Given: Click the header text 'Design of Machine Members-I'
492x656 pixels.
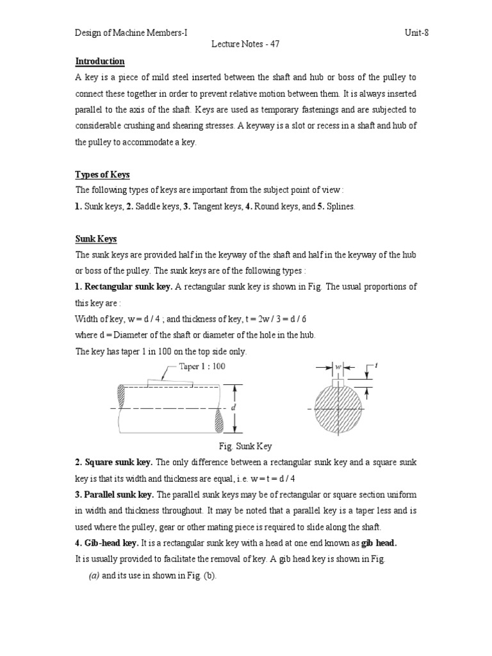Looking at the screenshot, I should [131, 33].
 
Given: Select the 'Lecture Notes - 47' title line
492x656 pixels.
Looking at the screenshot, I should [245, 44].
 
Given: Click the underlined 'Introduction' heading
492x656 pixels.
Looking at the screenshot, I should [100, 61].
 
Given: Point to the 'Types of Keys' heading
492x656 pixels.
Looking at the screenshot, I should [102, 175].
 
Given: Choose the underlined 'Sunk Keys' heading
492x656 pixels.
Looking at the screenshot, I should [96, 239].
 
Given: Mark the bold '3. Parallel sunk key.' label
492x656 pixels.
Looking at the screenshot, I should [115, 494].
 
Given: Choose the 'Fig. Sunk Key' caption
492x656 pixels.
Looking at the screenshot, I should [246, 446].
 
